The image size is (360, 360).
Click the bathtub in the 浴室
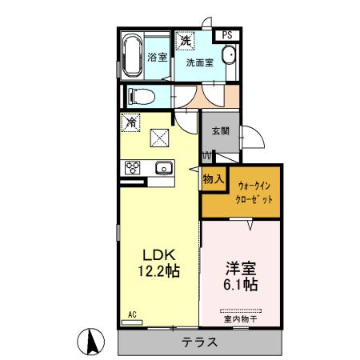(133, 55)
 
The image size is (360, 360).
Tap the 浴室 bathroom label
(158, 57)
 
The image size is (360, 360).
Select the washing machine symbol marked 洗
(185, 41)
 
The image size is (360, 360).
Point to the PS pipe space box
(227, 34)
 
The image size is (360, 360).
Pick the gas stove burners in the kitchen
(132, 168)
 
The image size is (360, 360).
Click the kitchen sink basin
(163, 168)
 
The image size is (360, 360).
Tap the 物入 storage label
(213, 179)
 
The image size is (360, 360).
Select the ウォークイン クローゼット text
(255, 192)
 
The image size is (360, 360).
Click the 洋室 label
(240, 267)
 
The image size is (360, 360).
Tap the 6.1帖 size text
(240, 284)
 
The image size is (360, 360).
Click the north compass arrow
(93, 342)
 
